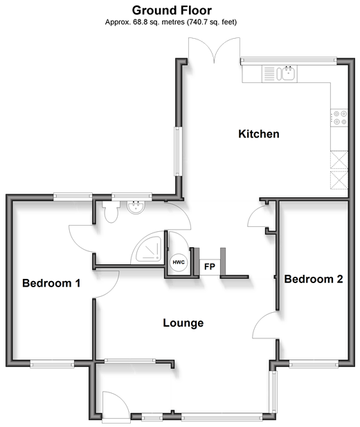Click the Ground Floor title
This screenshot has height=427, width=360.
172,10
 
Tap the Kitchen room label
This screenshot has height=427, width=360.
259,134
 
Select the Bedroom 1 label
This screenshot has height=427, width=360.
51,283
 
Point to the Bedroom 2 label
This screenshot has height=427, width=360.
314,279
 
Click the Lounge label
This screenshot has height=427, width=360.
183,323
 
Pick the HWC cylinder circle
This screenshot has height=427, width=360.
179,262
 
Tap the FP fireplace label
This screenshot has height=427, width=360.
210,266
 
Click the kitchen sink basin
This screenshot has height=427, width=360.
288,73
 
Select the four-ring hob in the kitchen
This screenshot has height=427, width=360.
339,118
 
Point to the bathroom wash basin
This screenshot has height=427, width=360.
136,208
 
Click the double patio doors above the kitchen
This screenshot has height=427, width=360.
214,51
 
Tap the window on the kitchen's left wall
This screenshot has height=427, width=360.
178,152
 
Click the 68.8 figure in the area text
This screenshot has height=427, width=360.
139,22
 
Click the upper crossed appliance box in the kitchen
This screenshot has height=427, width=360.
339,160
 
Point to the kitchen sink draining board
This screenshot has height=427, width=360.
269,73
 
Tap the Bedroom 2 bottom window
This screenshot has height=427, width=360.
314,364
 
